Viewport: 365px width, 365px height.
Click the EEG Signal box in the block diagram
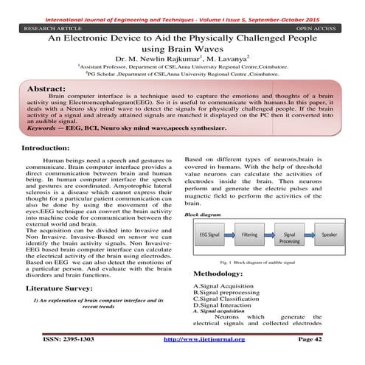pos(209,232)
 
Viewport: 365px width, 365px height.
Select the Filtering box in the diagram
pos(249,232)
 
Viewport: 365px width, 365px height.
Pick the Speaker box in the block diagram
pos(329,232)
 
